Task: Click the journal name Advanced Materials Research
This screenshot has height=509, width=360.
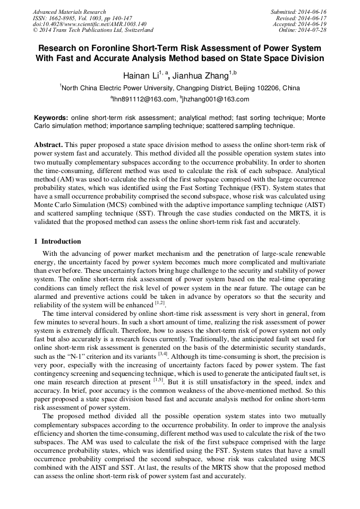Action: [69, 12]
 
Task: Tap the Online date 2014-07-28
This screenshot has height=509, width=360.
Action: [312, 30]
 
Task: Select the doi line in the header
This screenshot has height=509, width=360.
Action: [89, 24]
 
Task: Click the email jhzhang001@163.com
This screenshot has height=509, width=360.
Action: [216, 99]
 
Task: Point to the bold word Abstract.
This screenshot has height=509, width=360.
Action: [49, 145]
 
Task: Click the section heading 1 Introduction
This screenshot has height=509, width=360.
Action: [57, 241]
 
